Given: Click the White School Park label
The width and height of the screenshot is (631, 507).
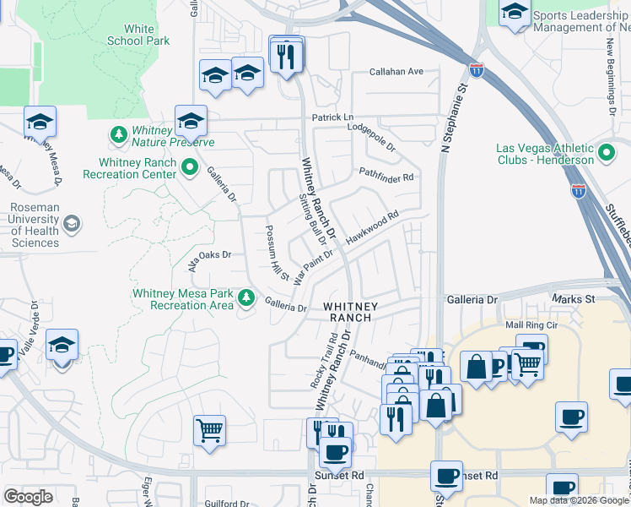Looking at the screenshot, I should point(138,35).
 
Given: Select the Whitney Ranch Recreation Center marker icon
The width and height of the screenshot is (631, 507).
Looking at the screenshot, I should point(189,168).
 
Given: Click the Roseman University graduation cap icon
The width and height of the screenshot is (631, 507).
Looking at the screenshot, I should point(72,225).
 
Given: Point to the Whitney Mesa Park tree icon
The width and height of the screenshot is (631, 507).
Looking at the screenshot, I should point(246,297).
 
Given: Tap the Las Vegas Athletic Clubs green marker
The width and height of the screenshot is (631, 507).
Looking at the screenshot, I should point(606,154).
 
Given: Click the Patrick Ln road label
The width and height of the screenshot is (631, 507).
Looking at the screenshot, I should point(332,117).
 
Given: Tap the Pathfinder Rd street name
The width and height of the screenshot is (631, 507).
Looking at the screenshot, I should point(387,177).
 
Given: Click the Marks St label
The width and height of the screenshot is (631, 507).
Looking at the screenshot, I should point(574,299).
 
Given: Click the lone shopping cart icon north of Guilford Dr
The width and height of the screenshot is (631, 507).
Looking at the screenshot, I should point(209,429).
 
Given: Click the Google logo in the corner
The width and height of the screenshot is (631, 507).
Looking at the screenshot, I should point(28,496).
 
